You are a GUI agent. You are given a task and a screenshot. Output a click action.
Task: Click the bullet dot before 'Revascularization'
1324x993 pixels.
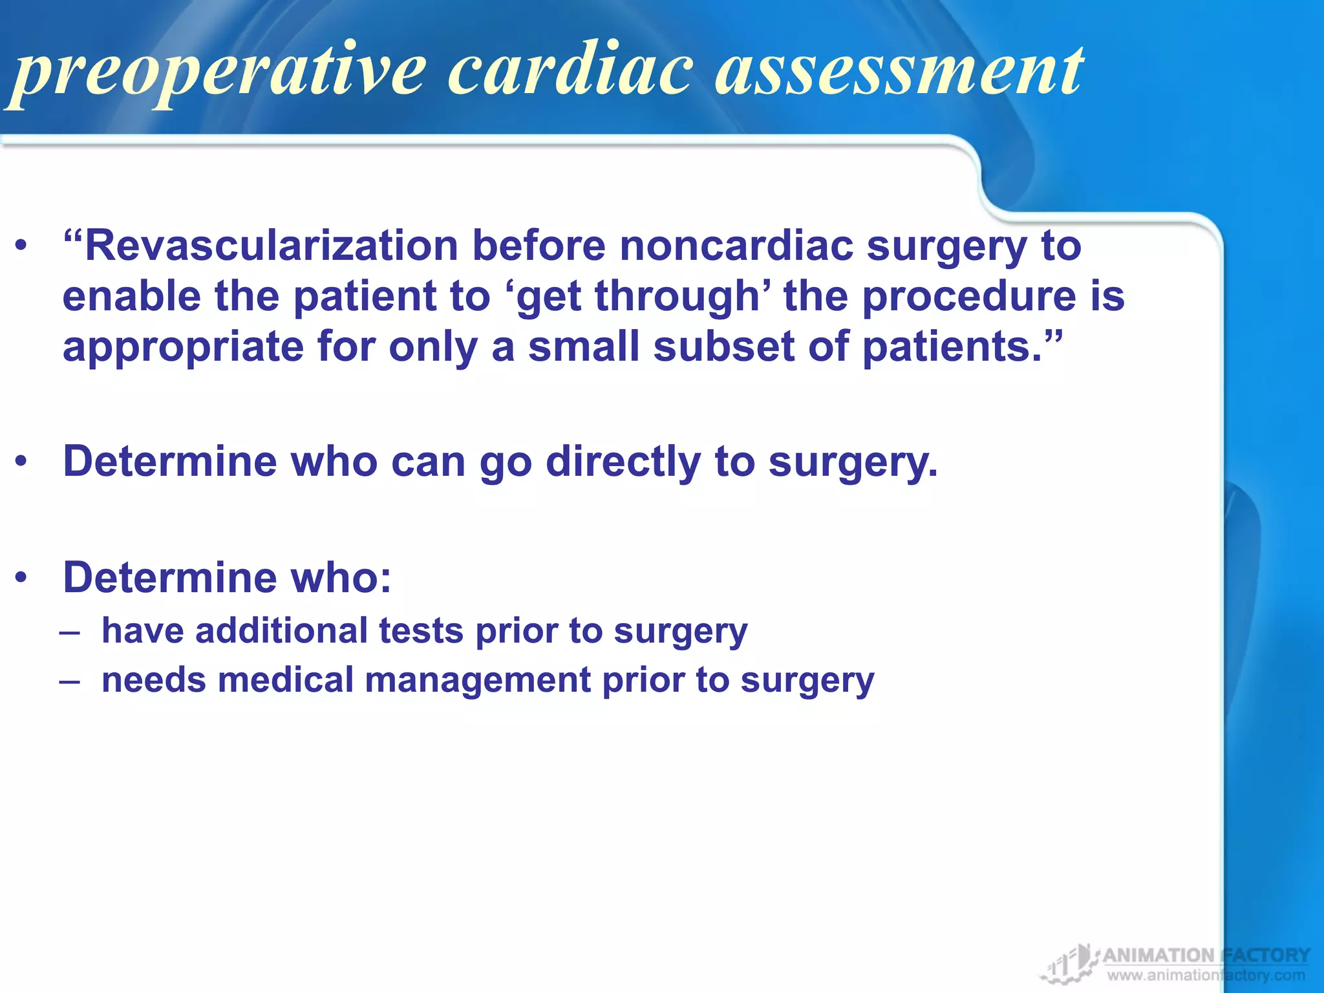(x=22, y=246)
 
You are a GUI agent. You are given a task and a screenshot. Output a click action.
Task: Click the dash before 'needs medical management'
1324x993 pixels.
(x=70, y=681)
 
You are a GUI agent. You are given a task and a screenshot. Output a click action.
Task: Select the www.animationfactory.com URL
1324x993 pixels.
(x=1206, y=976)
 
